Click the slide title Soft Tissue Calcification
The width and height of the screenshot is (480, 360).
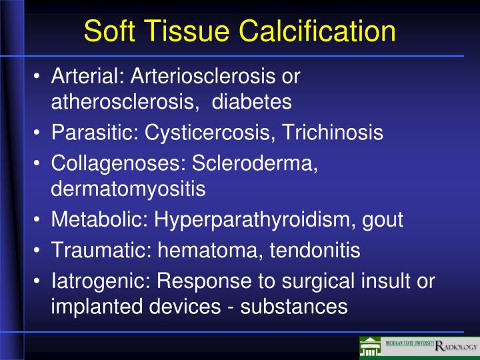tap(240, 31)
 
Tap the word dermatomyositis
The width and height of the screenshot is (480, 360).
tap(128, 189)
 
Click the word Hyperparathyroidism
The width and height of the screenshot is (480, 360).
tap(257, 219)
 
